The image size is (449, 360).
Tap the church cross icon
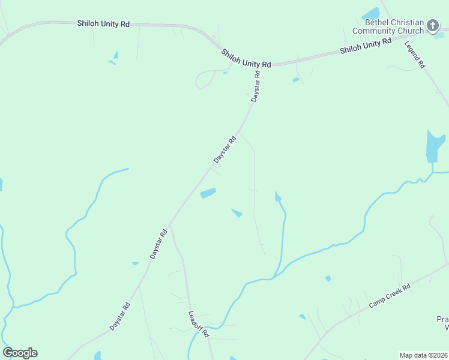pyautogui.click(x=433, y=26)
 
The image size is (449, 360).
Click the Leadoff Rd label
pyautogui.click(x=197, y=323)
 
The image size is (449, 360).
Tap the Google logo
pyautogui.click(x=20, y=353)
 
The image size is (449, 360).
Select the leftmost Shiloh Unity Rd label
pyautogui.click(x=103, y=24)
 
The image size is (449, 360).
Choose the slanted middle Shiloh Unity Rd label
pyautogui.click(x=246, y=58)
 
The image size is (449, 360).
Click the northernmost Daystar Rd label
pyautogui.click(x=256, y=86)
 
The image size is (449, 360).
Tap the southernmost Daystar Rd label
pyautogui.click(x=120, y=316)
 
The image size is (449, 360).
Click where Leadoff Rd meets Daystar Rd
pyautogui.click(x=170, y=226)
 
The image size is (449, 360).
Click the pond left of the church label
pyautogui.click(x=370, y=13)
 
